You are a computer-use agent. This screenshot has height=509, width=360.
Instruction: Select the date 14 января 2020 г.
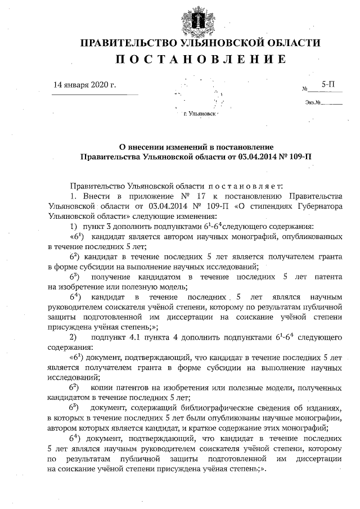point(84,85)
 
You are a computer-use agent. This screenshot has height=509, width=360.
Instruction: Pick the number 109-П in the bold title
point(299,156)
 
